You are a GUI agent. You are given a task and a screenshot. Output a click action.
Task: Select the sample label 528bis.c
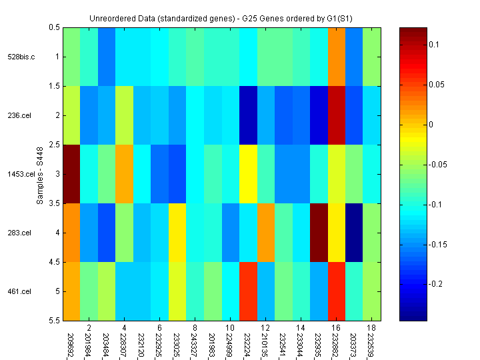(x=23, y=57)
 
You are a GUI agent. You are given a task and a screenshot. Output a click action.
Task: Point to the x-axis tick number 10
(x=229, y=328)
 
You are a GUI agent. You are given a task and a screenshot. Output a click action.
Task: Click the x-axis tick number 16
(x=337, y=328)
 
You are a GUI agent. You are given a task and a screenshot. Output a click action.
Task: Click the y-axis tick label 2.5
(x=55, y=145)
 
